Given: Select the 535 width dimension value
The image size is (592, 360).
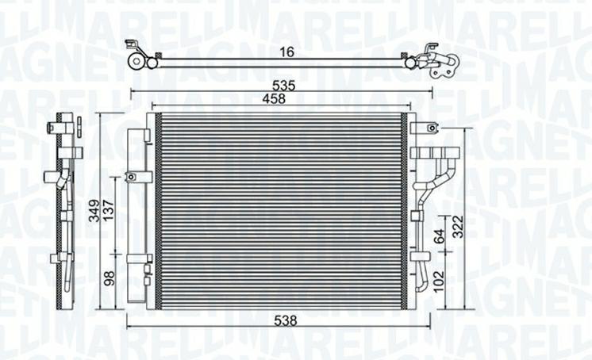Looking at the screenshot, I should coord(283,84).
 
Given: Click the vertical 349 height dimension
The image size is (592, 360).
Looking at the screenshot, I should coord(94,211).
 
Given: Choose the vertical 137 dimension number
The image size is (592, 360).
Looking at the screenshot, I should coord(110,211).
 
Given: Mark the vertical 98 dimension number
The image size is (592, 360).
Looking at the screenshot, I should coord(110,279).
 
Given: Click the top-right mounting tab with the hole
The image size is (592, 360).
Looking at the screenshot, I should coord(429,127).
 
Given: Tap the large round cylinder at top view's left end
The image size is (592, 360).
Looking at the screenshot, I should coord(137,61).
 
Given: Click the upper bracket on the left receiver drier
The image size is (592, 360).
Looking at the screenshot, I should coord(140,176).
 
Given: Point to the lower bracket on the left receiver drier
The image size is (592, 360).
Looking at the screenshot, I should coord(140,257).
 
